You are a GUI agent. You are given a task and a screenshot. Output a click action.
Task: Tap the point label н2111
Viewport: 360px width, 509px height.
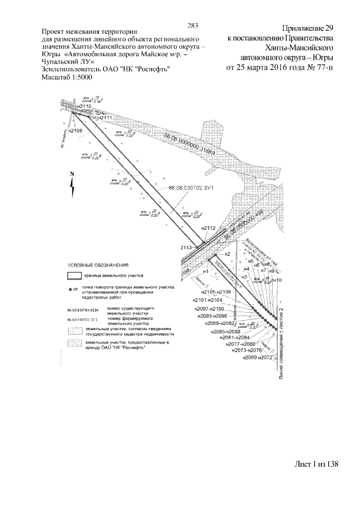105,118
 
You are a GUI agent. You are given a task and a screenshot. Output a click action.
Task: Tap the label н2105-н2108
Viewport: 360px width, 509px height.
216,292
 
